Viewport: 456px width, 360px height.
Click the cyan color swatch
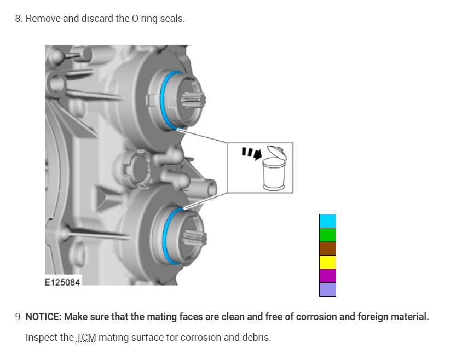pyautogui.click(x=327, y=221)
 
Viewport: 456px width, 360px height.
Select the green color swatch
pyautogui.click(x=327, y=235)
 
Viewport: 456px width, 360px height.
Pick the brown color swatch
pyautogui.click(x=327, y=248)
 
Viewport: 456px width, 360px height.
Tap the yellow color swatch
pyautogui.click(x=327, y=262)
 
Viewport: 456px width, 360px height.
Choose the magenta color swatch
pyautogui.click(x=327, y=276)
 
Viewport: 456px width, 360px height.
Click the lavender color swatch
pyautogui.click(x=327, y=289)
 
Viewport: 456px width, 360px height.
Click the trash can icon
pyautogui.click(x=275, y=168)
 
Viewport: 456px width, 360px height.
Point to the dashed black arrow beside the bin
pyautogui.click(x=252, y=153)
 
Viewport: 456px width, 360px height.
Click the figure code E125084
pyautogui.click(x=62, y=282)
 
